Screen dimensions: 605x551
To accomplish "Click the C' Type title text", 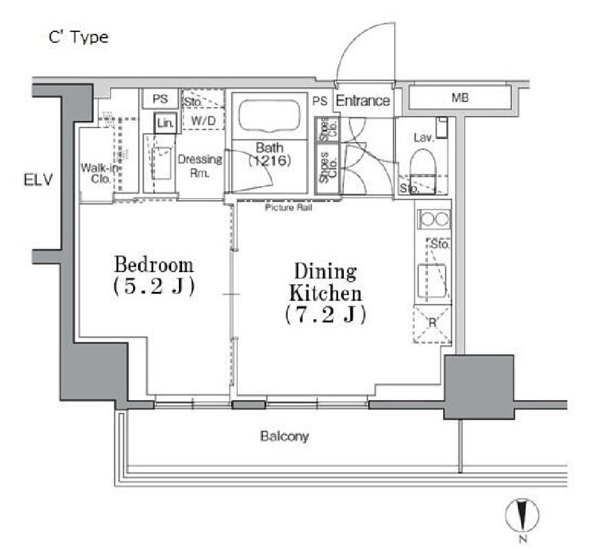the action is click(78, 38).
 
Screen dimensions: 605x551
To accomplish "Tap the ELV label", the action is click(38, 180).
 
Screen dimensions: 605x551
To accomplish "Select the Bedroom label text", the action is click(153, 265).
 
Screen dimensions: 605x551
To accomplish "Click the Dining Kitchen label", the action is click(325, 282).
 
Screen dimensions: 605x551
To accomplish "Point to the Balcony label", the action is click(285, 436).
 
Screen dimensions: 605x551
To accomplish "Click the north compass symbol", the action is click(522, 515).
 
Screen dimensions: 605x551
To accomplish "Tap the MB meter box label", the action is click(460, 97).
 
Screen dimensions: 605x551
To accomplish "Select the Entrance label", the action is click(363, 101).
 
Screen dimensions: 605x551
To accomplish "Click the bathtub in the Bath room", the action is click(269, 115).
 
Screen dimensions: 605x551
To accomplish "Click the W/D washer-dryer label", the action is click(203, 121).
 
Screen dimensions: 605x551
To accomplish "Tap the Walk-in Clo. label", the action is click(99, 173).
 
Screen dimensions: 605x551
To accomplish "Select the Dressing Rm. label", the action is click(200, 166).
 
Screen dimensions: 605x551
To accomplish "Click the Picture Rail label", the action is click(288, 208).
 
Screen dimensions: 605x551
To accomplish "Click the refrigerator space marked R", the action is click(432, 324).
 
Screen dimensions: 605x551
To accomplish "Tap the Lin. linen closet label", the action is click(165, 123).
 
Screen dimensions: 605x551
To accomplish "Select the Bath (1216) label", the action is click(269, 154).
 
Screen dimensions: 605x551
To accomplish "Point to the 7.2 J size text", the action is click(325, 315).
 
